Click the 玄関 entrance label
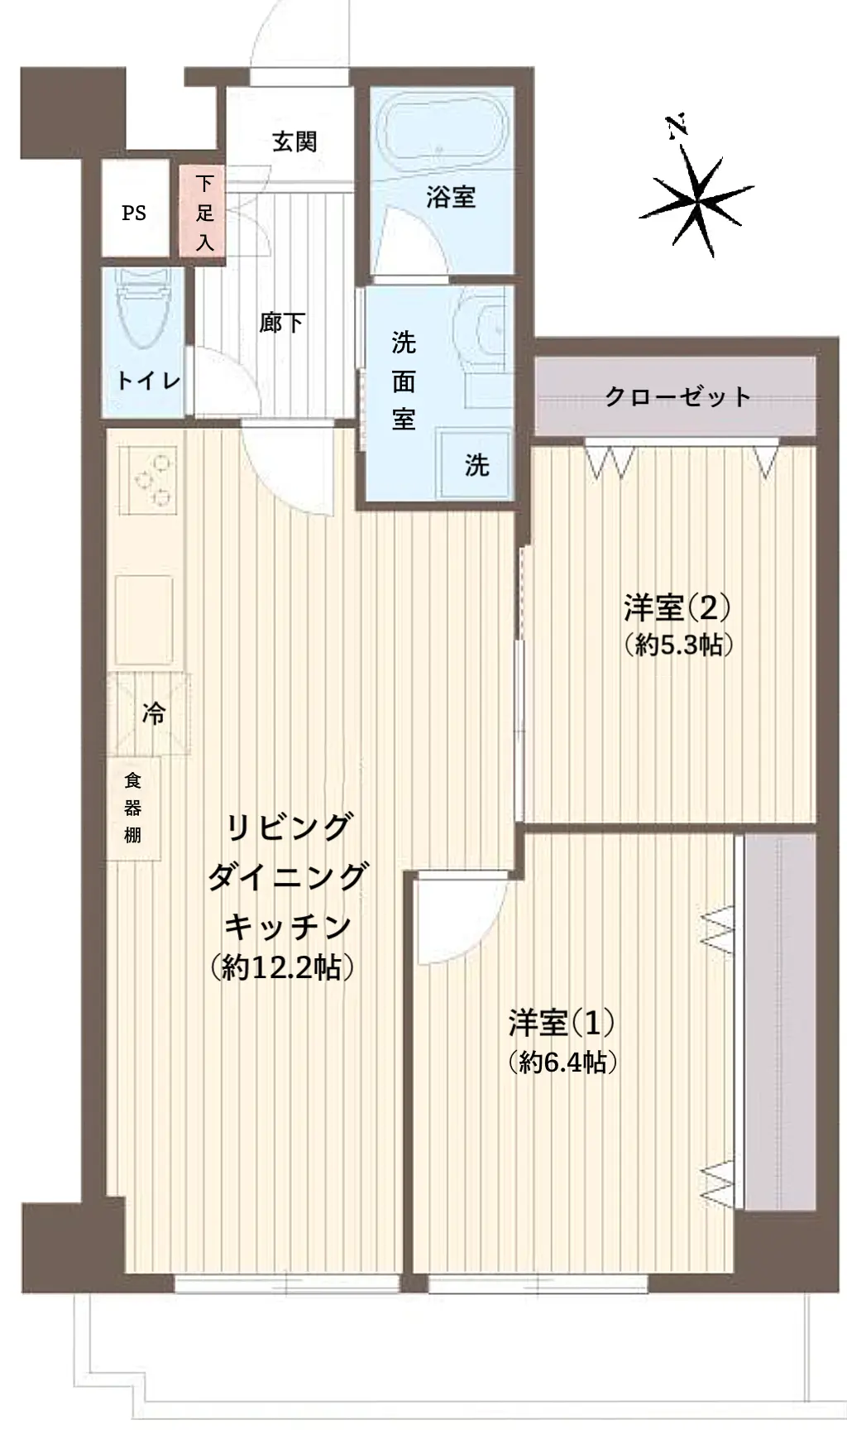294,142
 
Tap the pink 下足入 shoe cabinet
204,211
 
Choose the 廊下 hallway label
282,322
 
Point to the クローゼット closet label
677,396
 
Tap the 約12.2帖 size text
282,967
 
